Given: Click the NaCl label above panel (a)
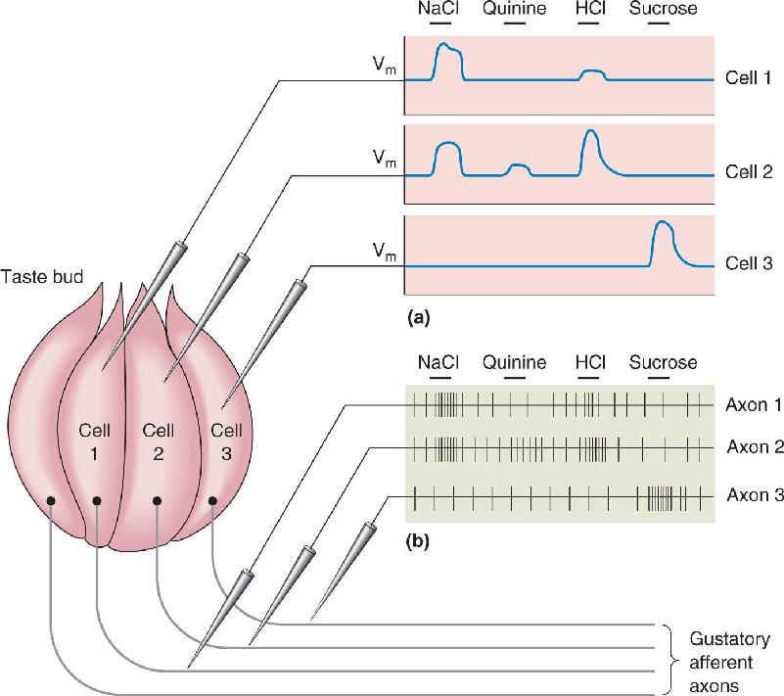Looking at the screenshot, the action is click(x=438, y=9).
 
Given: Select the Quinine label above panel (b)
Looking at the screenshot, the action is click(x=514, y=362).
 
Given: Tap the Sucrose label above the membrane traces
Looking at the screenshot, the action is click(x=663, y=9).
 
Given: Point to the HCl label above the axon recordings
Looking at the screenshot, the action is click(x=590, y=362).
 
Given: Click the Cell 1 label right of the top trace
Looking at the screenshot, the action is click(x=748, y=78).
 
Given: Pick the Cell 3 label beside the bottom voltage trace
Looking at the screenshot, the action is click(x=749, y=263).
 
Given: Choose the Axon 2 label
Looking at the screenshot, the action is click(x=755, y=447).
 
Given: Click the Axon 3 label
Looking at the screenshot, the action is click(x=755, y=495).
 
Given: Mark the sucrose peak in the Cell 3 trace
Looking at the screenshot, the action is click(x=663, y=221).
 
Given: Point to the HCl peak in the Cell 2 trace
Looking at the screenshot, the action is click(x=591, y=130).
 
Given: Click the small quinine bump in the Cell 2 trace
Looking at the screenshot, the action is click(x=520, y=165).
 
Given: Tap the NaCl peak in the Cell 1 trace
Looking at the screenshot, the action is click(x=443, y=44).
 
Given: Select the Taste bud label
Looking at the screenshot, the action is click(x=42, y=276).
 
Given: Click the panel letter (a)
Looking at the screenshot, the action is click(x=419, y=317).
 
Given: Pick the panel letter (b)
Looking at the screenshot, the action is click(x=419, y=541).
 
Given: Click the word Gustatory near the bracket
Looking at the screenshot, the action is click(x=729, y=639).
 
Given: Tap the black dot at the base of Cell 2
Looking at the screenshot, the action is click(x=157, y=501).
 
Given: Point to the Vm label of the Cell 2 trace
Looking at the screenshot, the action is click(x=385, y=159).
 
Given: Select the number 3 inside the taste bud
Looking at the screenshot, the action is click(x=226, y=453).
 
